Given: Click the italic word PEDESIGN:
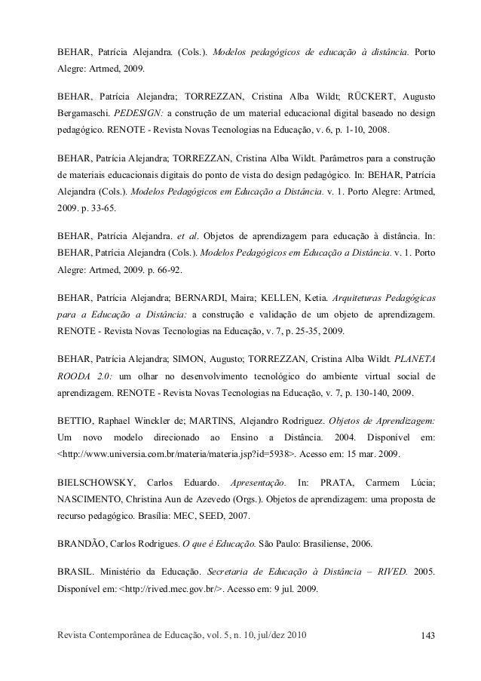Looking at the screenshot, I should [x=137, y=112].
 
